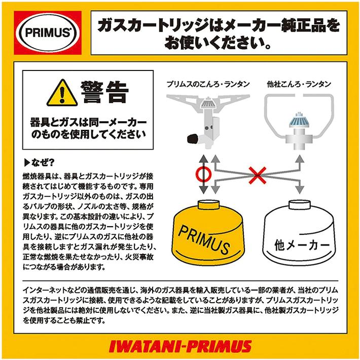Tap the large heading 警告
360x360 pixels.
[x=104, y=93]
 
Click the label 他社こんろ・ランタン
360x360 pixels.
[x=299, y=83]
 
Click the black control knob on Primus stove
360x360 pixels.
[x=193, y=137]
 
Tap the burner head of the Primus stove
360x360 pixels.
[x=208, y=104]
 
